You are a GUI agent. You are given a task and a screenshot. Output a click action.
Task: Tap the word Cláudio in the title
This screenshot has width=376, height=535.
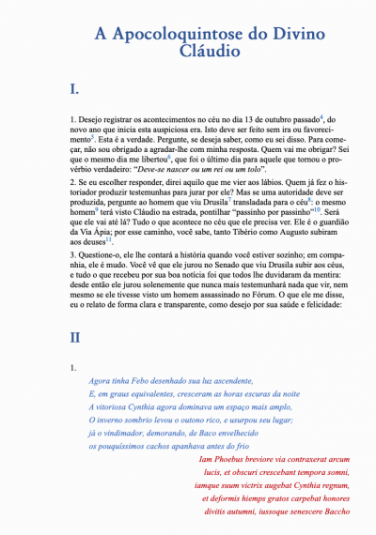[x=187, y=53]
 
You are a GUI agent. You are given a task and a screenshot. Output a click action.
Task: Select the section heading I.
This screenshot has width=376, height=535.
[x=75, y=90]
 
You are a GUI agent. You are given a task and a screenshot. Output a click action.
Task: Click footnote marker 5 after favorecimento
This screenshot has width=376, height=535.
[x=94, y=137]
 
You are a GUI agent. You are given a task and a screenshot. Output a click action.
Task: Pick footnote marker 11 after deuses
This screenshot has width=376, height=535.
[x=109, y=238]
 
